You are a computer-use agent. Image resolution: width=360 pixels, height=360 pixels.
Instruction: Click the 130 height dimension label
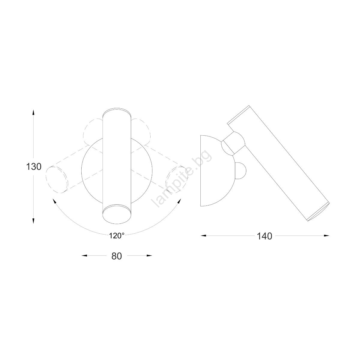coord(34,166)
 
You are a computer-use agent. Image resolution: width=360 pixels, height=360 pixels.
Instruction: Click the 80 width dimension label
coord(117,256)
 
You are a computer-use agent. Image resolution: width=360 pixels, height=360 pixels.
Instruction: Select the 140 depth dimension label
coord(265,236)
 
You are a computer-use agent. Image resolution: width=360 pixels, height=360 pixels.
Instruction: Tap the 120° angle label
coord(117,236)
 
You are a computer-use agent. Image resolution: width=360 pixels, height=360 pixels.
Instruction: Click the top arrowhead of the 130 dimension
coord(33,112)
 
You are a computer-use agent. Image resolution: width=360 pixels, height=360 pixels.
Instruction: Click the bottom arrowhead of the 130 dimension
coord(33,221)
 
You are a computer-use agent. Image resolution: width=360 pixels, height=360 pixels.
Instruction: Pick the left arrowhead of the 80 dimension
coord(85,256)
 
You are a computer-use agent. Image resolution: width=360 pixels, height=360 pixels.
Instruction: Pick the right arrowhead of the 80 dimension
coord(149,256)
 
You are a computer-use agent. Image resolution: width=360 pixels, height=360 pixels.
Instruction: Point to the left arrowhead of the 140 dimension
coord(203,236)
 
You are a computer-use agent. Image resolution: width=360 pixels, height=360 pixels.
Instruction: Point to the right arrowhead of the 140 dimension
coord(326,236)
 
